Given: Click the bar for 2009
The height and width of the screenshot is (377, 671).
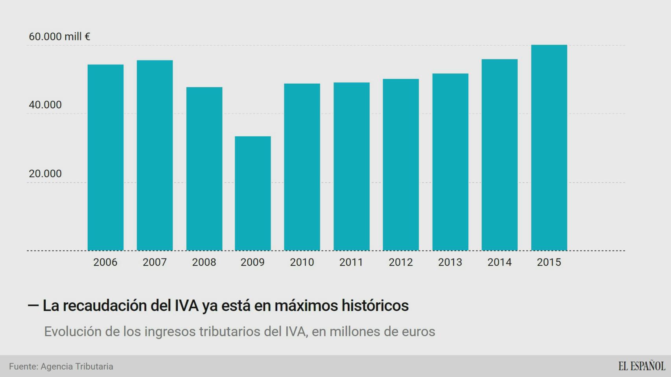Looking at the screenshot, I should [x=253, y=193].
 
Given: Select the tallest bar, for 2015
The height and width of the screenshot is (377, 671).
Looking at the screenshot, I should [x=549, y=148].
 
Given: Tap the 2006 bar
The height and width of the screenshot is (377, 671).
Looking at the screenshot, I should [x=105, y=157].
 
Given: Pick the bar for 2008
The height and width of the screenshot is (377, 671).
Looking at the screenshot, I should [x=204, y=169].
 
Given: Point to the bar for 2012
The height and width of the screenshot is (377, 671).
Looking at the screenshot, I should [x=401, y=165].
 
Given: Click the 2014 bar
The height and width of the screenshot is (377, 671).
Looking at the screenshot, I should [x=500, y=155].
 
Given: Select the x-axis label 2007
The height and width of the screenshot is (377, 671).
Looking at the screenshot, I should [x=155, y=262].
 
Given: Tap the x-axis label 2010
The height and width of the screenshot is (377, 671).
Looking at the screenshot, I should [x=302, y=262].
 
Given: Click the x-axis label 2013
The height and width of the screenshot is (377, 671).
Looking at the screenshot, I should [x=450, y=262].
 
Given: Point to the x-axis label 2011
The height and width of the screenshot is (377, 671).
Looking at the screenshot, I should [x=351, y=262].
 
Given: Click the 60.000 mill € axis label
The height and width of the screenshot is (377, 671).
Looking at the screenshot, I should [x=59, y=37].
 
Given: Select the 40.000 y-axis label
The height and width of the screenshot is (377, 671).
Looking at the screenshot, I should [x=45, y=105].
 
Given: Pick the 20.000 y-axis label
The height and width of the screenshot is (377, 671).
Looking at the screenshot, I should [x=45, y=174].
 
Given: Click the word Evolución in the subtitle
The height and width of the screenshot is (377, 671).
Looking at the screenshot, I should [x=73, y=332].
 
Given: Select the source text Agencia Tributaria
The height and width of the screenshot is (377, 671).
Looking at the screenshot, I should [x=77, y=366].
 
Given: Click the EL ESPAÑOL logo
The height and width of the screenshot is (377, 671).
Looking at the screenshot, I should [x=642, y=366].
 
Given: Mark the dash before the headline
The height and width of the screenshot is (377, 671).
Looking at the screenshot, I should [x=33, y=305].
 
